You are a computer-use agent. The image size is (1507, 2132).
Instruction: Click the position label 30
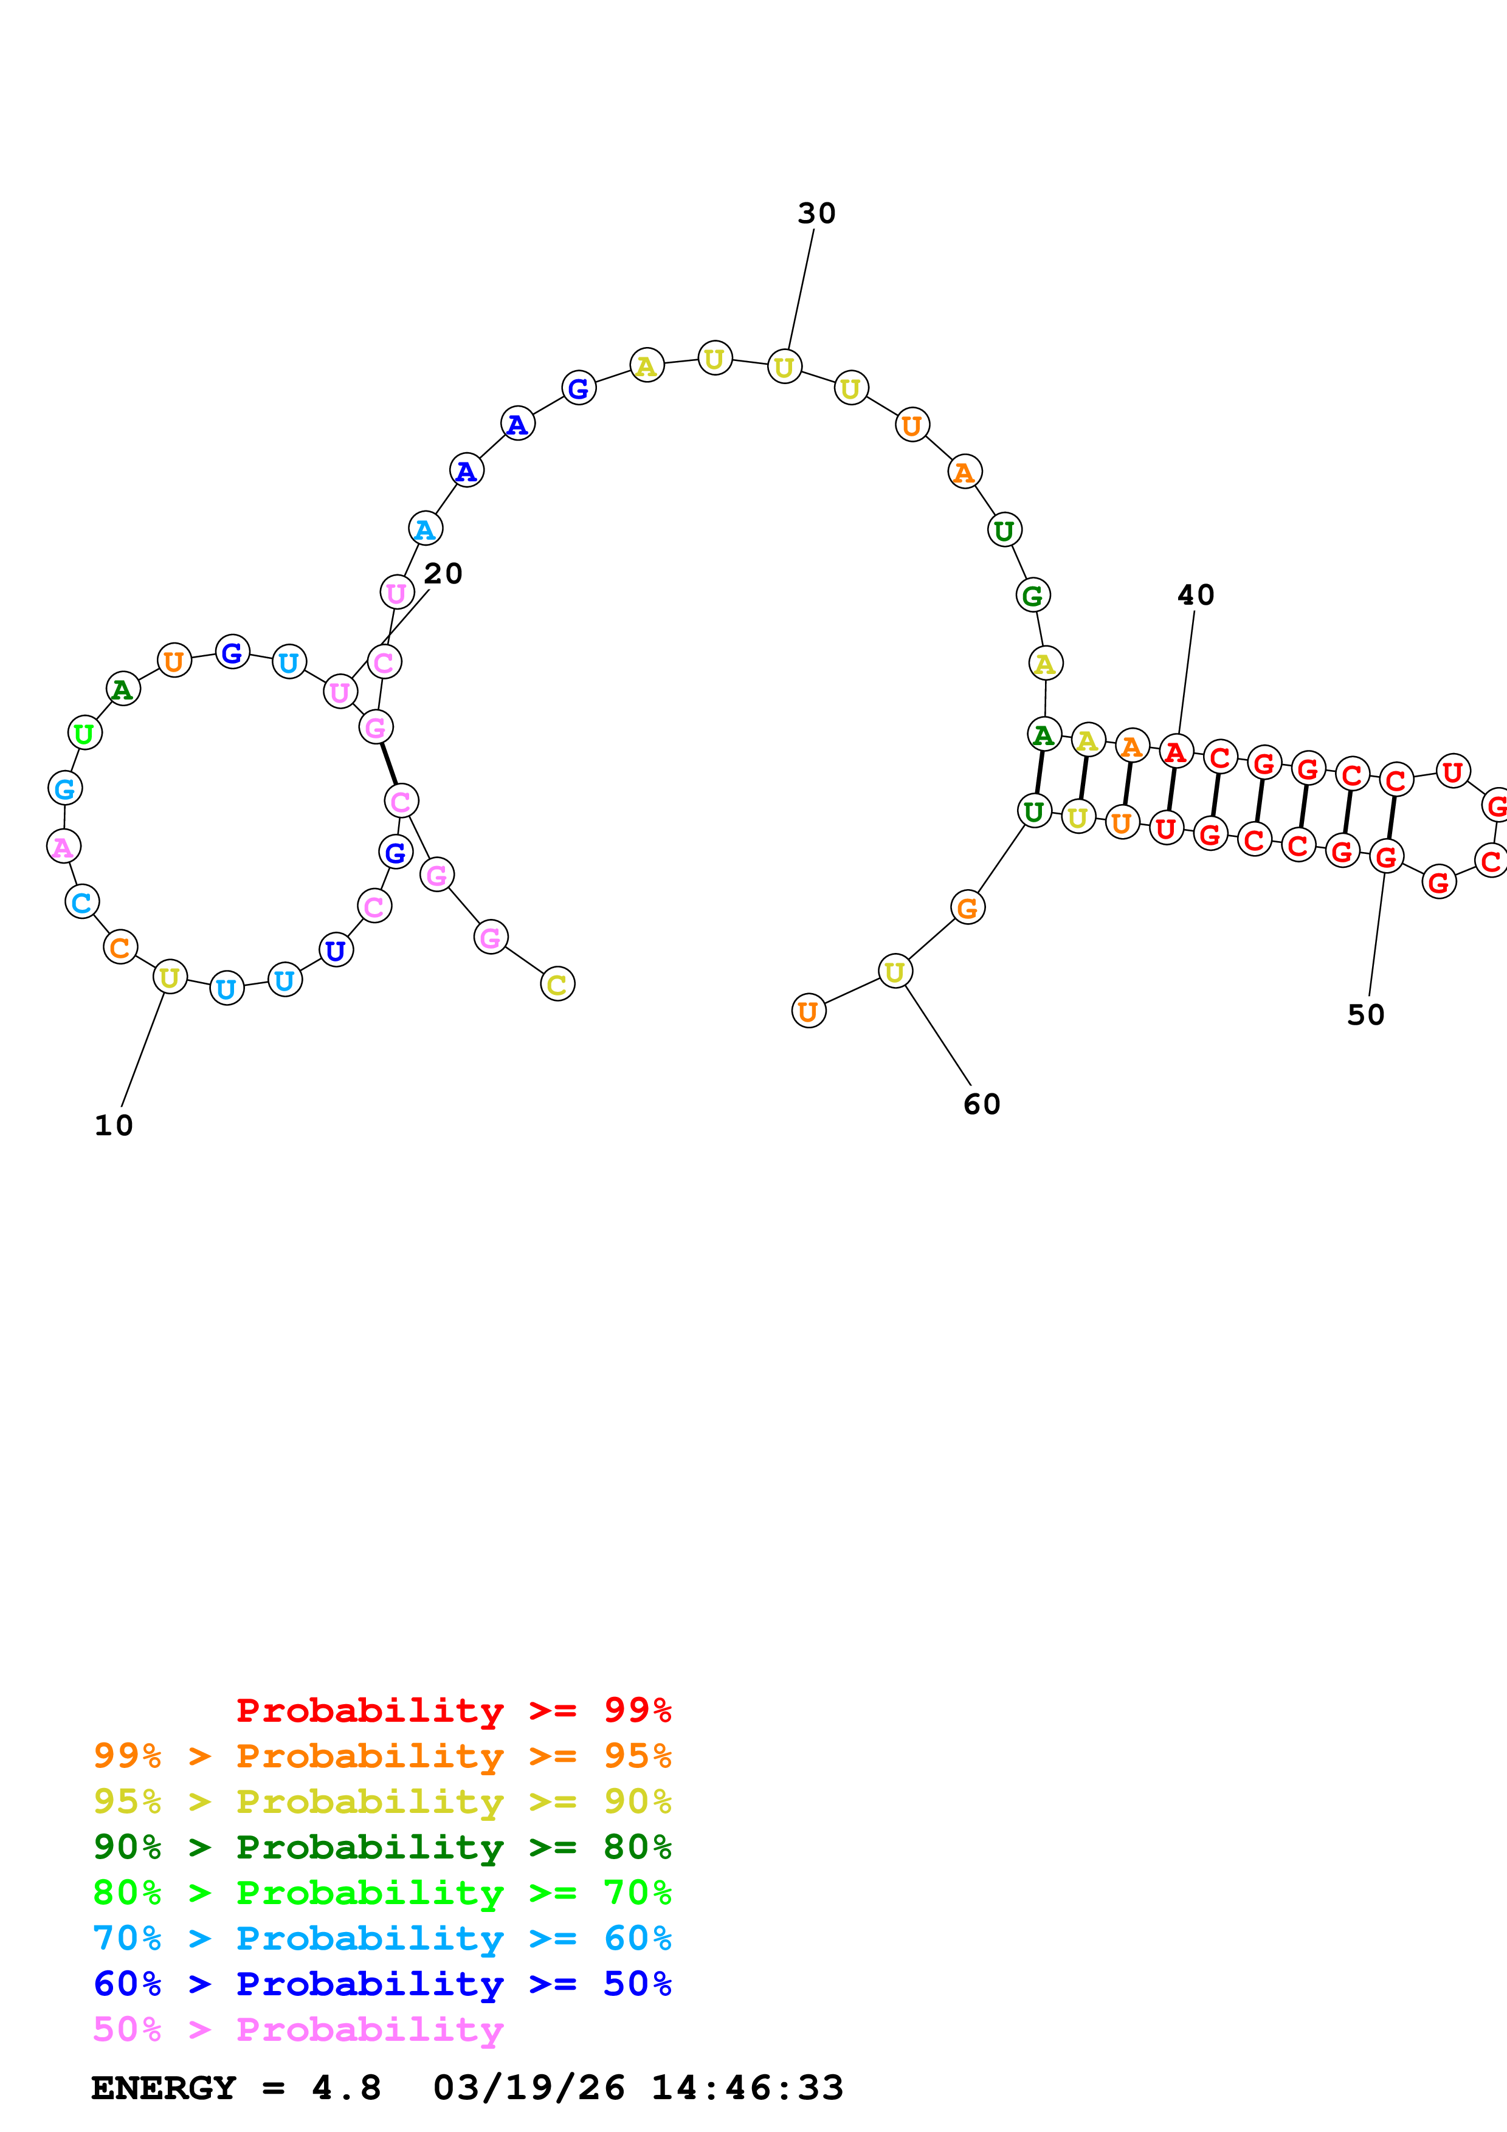(816, 213)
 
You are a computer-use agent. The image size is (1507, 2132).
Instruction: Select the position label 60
(981, 1104)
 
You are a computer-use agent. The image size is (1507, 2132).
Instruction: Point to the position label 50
(1365, 1015)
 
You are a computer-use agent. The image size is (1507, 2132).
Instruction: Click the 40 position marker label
(1195, 595)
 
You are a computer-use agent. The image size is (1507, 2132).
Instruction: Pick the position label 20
(443, 574)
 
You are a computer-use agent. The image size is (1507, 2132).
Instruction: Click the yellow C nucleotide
(557, 985)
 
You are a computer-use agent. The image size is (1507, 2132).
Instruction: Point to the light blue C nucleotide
(81, 902)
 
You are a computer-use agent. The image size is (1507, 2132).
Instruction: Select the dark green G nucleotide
(1032, 596)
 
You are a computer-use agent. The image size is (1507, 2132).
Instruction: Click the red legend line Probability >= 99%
(453, 1710)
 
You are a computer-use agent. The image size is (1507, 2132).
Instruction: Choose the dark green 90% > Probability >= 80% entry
(382, 1847)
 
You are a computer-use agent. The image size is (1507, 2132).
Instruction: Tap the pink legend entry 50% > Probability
(298, 2029)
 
